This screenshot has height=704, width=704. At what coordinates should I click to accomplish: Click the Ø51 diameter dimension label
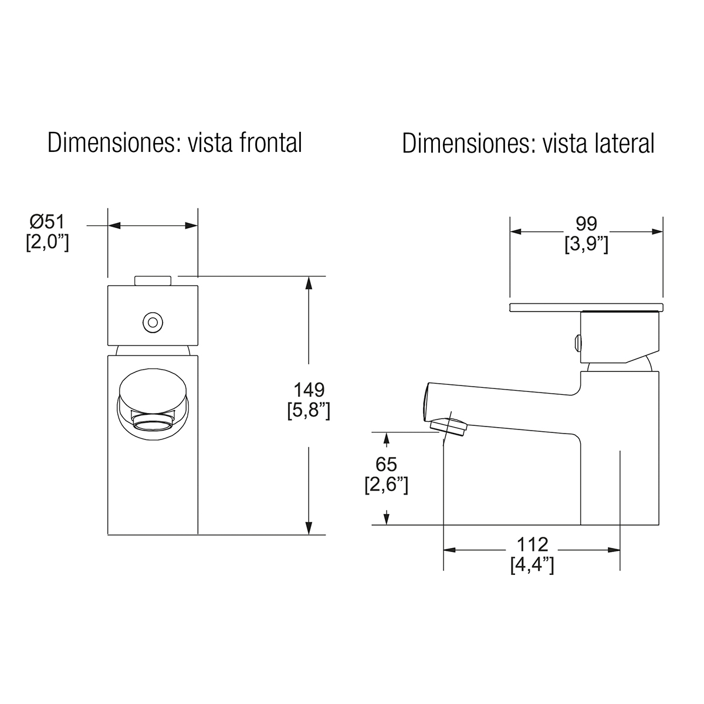click(x=47, y=222)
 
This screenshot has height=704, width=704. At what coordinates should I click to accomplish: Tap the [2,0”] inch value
click(x=48, y=242)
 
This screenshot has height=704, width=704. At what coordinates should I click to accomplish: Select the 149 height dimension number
click(x=309, y=390)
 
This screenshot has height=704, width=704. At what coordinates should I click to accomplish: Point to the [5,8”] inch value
click(x=309, y=411)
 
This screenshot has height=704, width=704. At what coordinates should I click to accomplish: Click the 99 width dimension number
click(x=586, y=223)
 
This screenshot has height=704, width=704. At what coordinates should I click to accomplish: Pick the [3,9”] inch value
click(x=586, y=244)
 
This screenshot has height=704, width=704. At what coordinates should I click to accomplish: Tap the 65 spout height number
click(x=386, y=464)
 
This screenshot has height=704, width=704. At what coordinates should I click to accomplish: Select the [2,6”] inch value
click(x=386, y=485)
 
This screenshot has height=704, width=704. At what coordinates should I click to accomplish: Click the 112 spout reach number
click(x=532, y=544)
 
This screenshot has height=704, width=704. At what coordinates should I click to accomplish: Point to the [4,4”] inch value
click(x=532, y=566)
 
